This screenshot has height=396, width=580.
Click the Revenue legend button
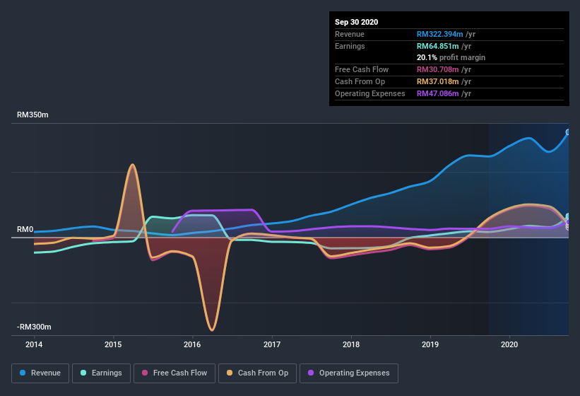(x=40, y=373)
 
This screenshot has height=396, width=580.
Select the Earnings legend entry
(x=101, y=373)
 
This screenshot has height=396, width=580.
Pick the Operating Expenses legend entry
(x=349, y=373)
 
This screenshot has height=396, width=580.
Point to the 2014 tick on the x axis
(x=34, y=344)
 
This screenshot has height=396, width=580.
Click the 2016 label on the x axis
(x=192, y=344)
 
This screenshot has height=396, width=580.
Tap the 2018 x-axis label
(x=351, y=344)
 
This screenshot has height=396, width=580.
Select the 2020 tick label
(x=509, y=344)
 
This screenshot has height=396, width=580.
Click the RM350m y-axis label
(x=32, y=115)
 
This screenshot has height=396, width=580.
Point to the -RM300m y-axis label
(x=35, y=327)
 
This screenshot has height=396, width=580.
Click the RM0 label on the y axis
(x=25, y=230)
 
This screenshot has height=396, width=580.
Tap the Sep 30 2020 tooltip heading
(x=356, y=22)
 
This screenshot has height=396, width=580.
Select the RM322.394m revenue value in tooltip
(x=439, y=34)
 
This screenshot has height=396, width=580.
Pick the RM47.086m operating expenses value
(x=437, y=93)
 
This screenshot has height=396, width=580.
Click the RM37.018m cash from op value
(x=437, y=81)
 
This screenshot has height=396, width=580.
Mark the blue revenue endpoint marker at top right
(x=568, y=132)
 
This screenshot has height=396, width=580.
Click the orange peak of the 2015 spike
(x=131, y=165)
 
